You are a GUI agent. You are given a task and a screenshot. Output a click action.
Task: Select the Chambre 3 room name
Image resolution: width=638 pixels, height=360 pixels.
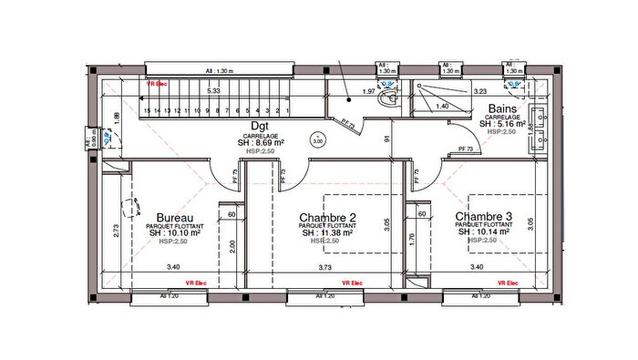pos(483,216)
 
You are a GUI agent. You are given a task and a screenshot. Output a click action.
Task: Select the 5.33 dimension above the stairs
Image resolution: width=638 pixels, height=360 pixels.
pos(213,91)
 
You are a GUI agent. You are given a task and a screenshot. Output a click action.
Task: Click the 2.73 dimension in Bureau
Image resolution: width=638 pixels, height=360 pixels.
pos(117,231)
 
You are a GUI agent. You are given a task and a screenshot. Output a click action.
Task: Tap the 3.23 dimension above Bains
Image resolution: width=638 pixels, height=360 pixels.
pos(481,91)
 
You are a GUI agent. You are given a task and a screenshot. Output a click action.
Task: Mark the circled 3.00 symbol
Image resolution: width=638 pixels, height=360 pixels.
pos(317,141)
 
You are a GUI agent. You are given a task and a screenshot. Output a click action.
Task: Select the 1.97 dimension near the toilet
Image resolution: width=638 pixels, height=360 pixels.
pos(369,92)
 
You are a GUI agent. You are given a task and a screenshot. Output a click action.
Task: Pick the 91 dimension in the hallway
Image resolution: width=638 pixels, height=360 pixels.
pos(387,139)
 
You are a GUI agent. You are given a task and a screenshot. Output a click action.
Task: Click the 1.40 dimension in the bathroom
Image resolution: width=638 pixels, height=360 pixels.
pos(441,107)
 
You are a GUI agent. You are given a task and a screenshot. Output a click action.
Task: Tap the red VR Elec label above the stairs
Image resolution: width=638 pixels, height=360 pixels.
pos(158,83)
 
